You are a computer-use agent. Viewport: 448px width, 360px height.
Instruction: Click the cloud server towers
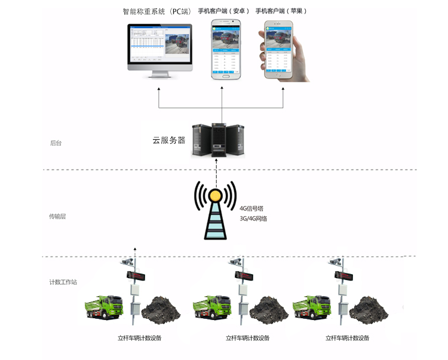click(x=218, y=140)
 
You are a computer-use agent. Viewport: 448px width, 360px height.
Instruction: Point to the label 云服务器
click(x=169, y=141)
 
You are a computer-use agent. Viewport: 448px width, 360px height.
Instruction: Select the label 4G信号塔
click(x=251, y=208)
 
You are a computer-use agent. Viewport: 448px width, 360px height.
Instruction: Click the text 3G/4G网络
click(x=253, y=219)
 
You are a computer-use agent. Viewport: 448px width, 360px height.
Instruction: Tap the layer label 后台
click(x=56, y=143)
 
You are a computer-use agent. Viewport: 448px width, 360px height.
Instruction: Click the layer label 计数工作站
click(x=63, y=281)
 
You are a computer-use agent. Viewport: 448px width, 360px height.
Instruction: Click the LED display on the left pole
click(x=137, y=275)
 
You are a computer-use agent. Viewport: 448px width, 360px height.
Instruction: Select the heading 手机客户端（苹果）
click(x=281, y=11)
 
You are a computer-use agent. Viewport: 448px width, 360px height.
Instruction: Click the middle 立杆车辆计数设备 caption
click(x=247, y=338)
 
